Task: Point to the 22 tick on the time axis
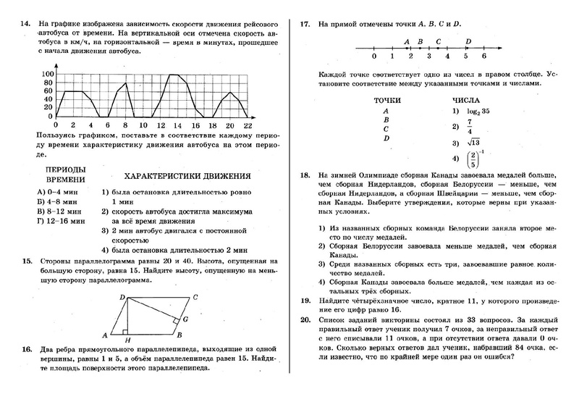(248, 125)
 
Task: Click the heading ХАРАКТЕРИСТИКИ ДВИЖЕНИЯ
(187, 176)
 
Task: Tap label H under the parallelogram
(127, 340)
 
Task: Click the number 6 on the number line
(483, 56)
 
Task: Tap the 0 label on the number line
(373, 56)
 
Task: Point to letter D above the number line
(469, 41)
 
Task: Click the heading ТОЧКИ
(386, 100)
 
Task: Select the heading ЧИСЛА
(465, 100)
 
